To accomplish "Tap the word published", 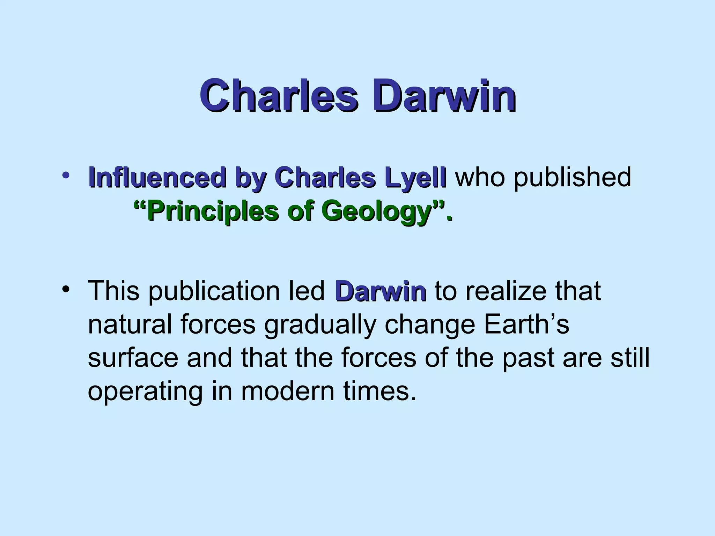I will (x=572, y=177).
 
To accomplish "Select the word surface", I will (x=133, y=358).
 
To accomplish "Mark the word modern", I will (x=288, y=392).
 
